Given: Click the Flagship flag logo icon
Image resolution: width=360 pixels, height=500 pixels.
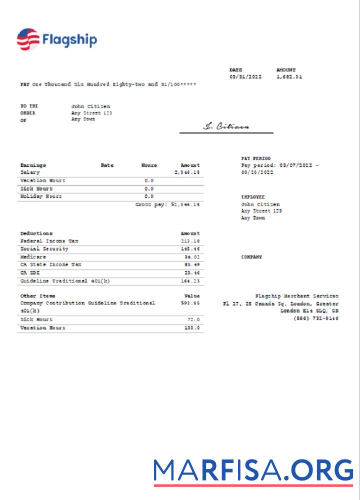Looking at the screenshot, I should click(28, 40).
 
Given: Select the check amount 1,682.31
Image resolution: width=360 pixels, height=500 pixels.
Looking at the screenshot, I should click(289, 77).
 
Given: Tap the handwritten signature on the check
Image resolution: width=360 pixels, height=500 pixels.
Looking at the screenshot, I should click(226, 126).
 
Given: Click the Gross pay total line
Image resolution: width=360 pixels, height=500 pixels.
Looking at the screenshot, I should click(167, 204).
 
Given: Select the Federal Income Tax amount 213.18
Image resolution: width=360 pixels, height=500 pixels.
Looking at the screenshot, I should click(191, 241).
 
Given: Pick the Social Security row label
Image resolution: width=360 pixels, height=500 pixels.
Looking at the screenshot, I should click(44, 249).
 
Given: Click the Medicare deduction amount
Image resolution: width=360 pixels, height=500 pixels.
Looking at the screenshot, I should click(192, 257).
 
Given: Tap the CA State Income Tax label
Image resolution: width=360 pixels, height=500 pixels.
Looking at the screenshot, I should click(50, 265).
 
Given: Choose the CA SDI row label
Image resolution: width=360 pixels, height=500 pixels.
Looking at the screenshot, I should click(30, 273).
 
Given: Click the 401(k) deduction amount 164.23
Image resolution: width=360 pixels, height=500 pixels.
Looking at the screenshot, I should click(191, 281).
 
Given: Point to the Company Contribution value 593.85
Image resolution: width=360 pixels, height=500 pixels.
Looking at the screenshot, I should click(191, 303).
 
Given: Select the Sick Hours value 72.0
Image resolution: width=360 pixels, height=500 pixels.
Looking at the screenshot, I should click(193, 319).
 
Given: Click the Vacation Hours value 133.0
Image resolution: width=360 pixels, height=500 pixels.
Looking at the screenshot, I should click(192, 328).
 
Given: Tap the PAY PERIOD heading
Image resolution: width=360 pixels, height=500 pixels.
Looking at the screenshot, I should click(255, 158).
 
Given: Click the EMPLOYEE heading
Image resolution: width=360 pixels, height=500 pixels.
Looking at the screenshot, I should click(253, 197).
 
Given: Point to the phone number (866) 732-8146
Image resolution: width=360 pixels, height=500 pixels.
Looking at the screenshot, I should click(315, 318).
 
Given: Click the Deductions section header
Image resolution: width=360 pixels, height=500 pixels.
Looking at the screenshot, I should click(36, 233).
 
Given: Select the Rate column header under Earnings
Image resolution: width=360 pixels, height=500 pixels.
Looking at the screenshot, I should click(107, 165).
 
